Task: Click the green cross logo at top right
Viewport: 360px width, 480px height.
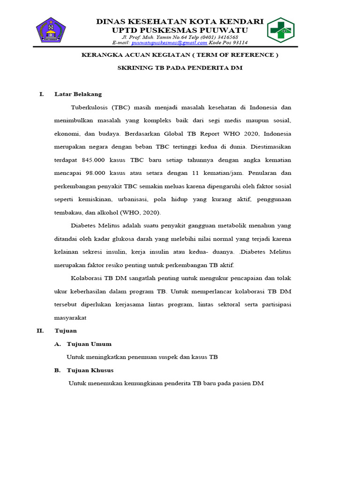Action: pyautogui.click(x=282, y=30)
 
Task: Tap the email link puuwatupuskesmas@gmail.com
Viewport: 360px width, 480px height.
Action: pyautogui.click(x=169, y=43)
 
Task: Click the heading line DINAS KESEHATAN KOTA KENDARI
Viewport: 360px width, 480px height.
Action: pyautogui.click(x=180, y=22)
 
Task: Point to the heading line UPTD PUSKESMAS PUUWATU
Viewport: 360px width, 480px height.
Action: pyautogui.click(x=180, y=30)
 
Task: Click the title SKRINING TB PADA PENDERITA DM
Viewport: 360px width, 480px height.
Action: pyautogui.click(x=180, y=67)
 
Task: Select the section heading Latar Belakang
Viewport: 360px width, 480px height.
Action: pyautogui.click(x=78, y=94)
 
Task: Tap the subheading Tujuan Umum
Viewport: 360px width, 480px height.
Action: pyautogui.click(x=89, y=344)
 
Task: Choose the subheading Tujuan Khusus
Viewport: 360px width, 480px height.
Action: pyautogui.click(x=90, y=370)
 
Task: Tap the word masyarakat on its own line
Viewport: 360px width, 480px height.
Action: pyautogui.click(x=70, y=317)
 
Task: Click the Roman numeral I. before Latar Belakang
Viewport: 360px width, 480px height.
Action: pyautogui.click(x=41, y=94)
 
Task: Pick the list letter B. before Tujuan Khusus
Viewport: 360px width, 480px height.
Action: pyautogui.click(x=58, y=370)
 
